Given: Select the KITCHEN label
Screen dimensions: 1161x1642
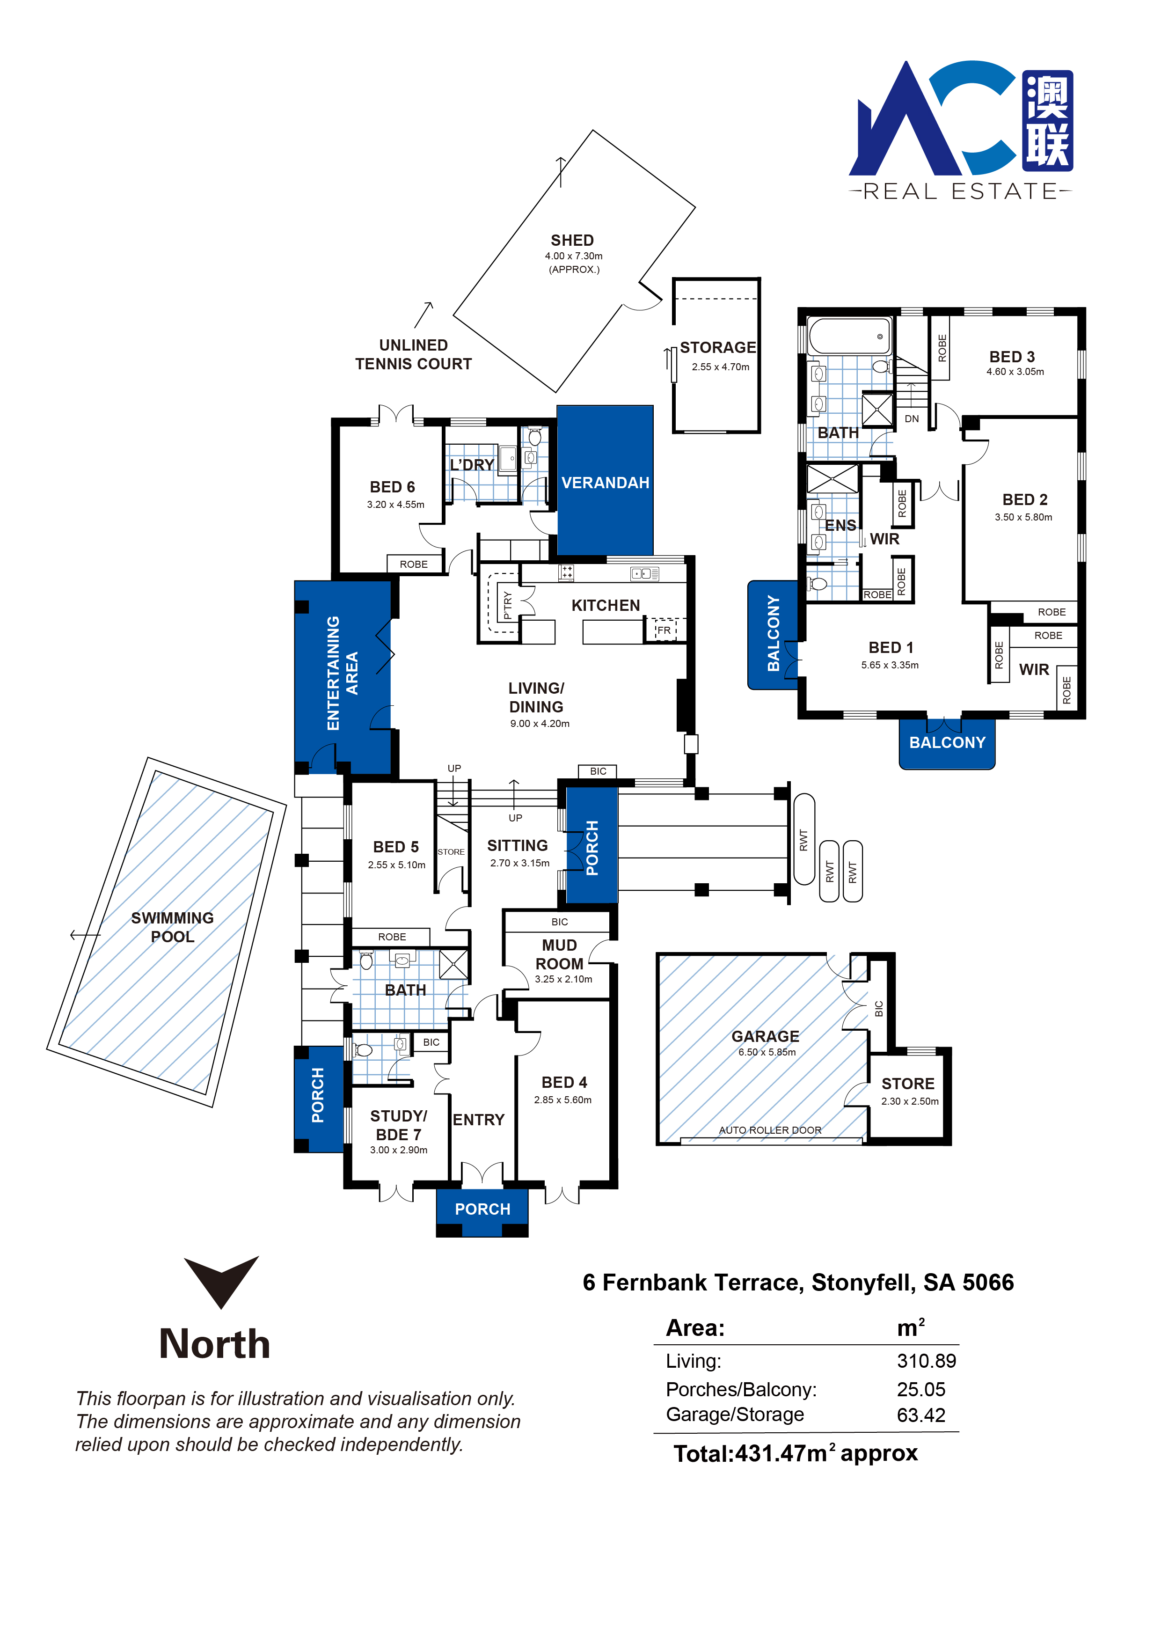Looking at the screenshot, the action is tap(606, 606).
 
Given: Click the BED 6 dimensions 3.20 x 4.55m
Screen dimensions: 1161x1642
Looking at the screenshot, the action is tap(395, 504).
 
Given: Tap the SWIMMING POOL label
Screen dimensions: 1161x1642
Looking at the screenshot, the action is tap(172, 927).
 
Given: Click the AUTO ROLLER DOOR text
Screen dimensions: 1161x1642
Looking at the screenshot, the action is tap(770, 1130).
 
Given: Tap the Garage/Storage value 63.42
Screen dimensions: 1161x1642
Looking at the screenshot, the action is tap(921, 1415).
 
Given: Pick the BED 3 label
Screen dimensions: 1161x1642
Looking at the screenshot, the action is tap(1012, 357).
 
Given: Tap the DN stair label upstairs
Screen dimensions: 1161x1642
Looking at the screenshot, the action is tap(912, 419).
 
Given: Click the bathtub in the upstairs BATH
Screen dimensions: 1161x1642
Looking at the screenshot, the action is tap(849, 336).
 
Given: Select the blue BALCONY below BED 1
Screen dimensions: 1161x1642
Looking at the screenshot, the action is tap(947, 743).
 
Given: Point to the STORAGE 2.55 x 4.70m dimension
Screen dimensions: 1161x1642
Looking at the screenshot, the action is tap(721, 367).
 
